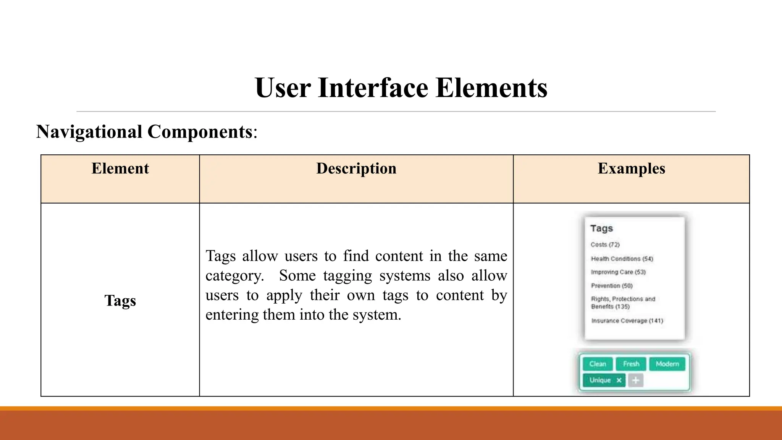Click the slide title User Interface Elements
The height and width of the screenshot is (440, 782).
(x=401, y=88)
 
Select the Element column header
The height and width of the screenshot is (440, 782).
(x=120, y=168)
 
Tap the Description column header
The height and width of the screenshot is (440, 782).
(x=356, y=168)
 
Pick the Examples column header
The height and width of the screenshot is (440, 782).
(x=631, y=168)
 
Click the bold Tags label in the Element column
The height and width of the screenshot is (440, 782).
(x=120, y=301)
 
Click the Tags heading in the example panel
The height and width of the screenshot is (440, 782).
(x=601, y=228)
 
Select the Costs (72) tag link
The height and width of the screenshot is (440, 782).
(x=605, y=244)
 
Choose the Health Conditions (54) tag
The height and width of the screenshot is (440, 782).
(x=622, y=259)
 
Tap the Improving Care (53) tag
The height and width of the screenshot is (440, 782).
(x=618, y=272)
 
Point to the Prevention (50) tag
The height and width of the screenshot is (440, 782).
(x=611, y=286)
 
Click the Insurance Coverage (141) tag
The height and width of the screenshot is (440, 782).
(x=627, y=321)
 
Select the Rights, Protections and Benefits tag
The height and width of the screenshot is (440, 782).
(x=622, y=302)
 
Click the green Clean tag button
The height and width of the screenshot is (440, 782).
(x=598, y=364)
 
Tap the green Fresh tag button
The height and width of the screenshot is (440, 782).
(x=631, y=364)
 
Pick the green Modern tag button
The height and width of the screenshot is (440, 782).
(x=667, y=364)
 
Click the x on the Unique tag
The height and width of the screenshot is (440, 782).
(x=619, y=380)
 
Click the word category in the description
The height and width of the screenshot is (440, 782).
(x=234, y=276)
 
